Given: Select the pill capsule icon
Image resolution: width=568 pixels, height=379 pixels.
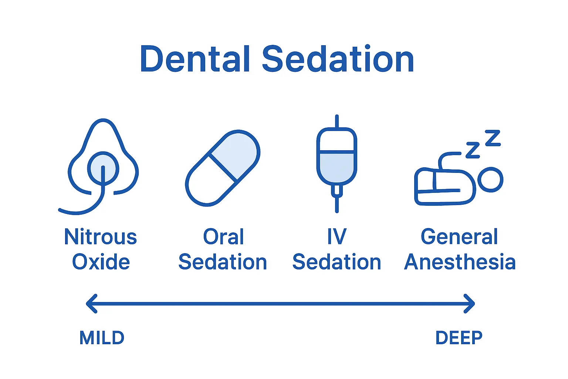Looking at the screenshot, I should (x=222, y=168).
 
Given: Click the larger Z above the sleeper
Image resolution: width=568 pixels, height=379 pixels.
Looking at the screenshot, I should (x=493, y=138).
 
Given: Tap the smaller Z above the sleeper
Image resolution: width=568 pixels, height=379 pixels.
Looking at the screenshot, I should (x=473, y=150).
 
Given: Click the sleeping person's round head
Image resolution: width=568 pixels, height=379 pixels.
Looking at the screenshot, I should (x=490, y=180).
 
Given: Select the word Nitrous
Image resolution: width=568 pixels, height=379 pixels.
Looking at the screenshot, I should (x=101, y=237).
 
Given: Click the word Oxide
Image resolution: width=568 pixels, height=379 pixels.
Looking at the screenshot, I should (x=101, y=262).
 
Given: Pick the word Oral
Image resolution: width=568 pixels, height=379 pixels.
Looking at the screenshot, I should (x=223, y=237).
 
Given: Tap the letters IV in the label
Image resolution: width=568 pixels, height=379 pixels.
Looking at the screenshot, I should (x=337, y=237).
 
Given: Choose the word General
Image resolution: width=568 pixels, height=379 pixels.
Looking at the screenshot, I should (x=459, y=237).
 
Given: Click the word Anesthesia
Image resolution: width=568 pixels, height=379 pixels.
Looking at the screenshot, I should (x=460, y=262).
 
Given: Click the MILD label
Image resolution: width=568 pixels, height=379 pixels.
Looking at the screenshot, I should (x=102, y=338).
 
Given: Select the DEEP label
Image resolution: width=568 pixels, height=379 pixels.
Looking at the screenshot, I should (x=459, y=338).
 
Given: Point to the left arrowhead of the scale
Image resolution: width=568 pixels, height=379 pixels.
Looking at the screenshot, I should (x=91, y=303).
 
